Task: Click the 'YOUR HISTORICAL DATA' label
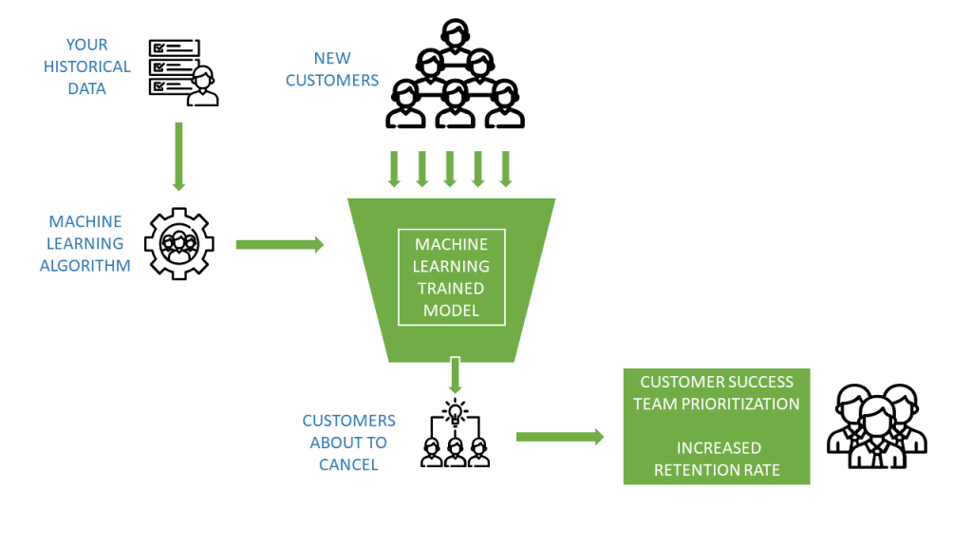[86, 66]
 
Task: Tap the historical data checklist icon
[182, 71]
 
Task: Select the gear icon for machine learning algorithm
[178, 244]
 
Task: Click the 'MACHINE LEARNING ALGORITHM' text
[85, 244]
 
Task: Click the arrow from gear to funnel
[279, 245]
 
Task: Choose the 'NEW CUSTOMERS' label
[332, 69]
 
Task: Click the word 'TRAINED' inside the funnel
[452, 289]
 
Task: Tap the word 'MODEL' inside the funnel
[452, 311]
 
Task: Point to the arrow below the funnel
[455, 374]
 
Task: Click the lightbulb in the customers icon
[455, 412]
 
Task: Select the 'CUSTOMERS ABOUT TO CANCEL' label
[348, 443]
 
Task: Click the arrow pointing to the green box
[559, 437]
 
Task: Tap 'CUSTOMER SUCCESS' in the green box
[716, 382]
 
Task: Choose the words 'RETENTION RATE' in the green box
[716, 468]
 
